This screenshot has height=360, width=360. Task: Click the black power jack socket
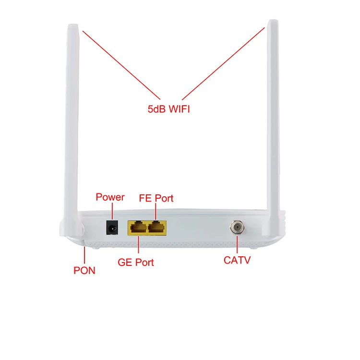[x=112, y=227]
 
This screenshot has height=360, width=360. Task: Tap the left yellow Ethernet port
[x=138, y=227]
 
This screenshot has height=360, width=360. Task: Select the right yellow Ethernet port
[x=157, y=227]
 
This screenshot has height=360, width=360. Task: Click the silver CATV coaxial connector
[x=236, y=227]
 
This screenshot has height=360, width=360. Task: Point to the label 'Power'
[x=110, y=197]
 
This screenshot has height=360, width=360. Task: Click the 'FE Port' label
[x=156, y=198]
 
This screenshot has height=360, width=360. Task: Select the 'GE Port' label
[x=136, y=263]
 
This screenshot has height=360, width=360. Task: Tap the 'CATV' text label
[x=237, y=261]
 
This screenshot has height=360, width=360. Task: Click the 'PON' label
[x=84, y=271]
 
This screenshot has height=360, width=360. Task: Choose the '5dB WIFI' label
[x=168, y=109]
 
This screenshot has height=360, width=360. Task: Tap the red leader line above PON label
[x=84, y=254]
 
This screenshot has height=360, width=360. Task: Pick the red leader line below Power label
[x=112, y=211]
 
